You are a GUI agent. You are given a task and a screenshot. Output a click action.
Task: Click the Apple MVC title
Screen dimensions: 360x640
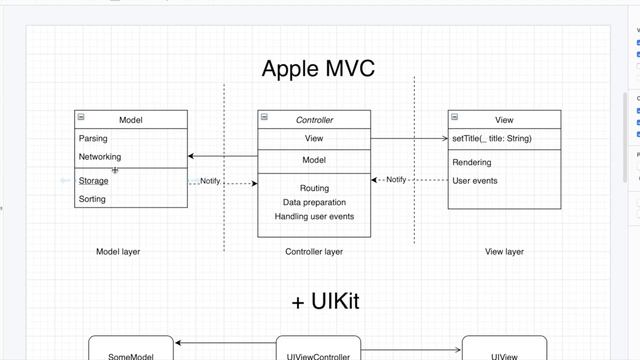(x=318, y=69)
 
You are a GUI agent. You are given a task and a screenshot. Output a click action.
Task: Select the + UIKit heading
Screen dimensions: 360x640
(x=325, y=302)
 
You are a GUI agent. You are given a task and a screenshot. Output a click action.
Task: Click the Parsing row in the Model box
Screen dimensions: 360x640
(x=93, y=139)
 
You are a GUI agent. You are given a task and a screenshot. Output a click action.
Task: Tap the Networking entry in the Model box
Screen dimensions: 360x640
(x=100, y=157)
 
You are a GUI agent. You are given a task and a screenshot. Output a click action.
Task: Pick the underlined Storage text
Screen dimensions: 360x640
(x=94, y=181)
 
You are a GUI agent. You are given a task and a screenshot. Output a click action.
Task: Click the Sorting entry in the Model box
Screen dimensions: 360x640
(x=92, y=199)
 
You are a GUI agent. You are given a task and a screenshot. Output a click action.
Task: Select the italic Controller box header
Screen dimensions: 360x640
(x=314, y=120)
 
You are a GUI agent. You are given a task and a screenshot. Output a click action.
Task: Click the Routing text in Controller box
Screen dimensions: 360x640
(x=314, y=188)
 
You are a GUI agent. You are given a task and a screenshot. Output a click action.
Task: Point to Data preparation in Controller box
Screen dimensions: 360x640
(x=314, y=202)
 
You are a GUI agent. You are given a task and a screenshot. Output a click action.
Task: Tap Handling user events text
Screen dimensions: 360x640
(x=314, y=216)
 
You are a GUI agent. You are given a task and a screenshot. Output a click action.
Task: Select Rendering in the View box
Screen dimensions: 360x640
(x=472, y=162)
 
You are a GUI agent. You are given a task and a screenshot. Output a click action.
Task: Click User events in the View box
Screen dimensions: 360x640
(x=475, y=181)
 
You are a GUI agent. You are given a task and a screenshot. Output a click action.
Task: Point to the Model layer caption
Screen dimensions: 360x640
(x=118, y=252)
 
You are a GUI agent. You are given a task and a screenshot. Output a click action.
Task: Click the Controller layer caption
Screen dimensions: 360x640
(x=314, y=252)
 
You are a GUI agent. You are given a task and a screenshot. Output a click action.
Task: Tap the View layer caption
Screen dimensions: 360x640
(x=504, y=252)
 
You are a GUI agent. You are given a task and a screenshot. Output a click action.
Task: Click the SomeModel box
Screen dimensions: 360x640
(x=131, y=353)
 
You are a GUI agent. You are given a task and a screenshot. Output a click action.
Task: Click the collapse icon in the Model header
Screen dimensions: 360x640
(x=80, y=118)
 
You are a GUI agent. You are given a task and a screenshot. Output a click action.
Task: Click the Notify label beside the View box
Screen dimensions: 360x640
(x=396, y=180)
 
